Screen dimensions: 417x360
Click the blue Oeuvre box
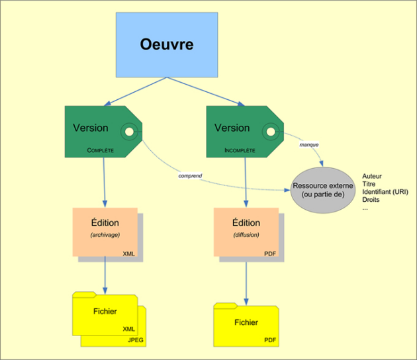click(167, 45)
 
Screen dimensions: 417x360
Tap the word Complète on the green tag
click(100, 150)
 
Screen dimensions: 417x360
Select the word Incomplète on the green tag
click(240, 150)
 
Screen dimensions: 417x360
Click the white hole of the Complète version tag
click(129, 132)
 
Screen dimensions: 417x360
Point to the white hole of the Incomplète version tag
click(271, 132)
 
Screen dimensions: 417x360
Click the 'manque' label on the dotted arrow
click(308, 145)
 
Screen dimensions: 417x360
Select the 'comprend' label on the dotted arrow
click(190, 176)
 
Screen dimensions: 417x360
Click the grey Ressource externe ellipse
click(323, 190)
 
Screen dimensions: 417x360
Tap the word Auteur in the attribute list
click(372, 176)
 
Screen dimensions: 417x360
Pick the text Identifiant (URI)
click(385, 192)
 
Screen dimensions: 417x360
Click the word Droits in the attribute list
click(371, 199)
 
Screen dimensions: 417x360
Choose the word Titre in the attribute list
click(369, 184)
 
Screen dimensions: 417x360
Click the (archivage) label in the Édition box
click(105, 235)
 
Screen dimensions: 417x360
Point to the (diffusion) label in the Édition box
click(246, 235)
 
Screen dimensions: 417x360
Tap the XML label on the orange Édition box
click(128, 253)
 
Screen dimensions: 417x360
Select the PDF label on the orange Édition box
click(270, 253)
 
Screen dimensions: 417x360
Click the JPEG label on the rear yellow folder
click(136, 339)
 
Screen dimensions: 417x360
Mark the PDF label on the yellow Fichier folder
click(270, 339)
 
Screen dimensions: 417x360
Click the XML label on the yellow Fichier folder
click(128, 329)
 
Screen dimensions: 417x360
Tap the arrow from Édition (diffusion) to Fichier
click(246, 283)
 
